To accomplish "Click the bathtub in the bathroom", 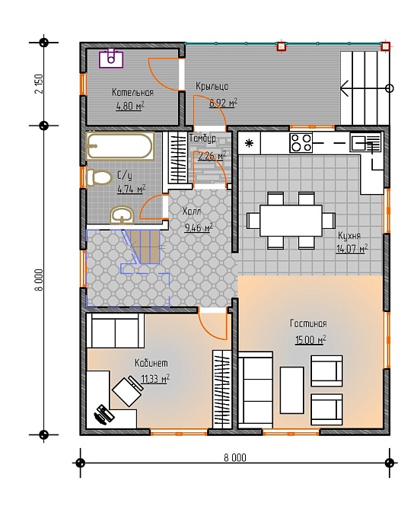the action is (x=119, y=146).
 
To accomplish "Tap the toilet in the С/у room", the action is (x=98, y=178).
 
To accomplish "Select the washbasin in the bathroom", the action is (x=122, y=215).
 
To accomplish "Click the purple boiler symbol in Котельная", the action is (x=111, y=58).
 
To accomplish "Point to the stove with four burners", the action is (x=301, y=143).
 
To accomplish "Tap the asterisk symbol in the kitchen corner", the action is (x=249, y=143).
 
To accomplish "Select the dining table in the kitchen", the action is (x=291, y=221).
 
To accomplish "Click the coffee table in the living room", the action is (x=292, y=390).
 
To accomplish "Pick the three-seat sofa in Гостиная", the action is (x=256, y=390).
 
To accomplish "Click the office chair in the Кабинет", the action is (x=129, y=390).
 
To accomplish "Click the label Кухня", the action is (x=349, y=235).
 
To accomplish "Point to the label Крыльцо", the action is (x=212, y=86).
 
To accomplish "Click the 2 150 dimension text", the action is (x=39, y=84).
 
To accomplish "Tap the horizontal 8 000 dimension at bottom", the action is (x=235, y=458).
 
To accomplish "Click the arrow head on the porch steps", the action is (x=344, y=88).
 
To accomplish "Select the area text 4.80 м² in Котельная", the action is (x=130, y=106).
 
